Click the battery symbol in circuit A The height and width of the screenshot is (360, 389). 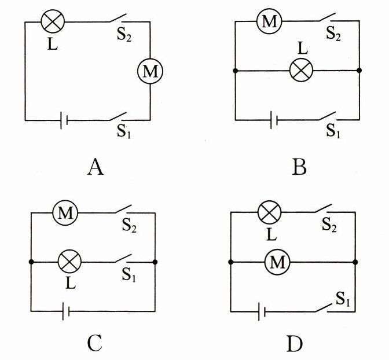click(64, 120)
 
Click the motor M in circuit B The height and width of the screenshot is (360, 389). click(268, 22)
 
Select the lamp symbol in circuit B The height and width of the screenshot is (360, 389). click(300, 71)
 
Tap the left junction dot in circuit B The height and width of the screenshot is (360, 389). click(235, 71)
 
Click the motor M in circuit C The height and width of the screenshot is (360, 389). click(65, 214)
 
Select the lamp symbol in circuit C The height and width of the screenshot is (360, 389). click(71, 262)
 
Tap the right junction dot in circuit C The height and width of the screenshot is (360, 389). click(155, 262)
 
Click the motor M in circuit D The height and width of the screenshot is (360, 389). click(276, 263)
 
